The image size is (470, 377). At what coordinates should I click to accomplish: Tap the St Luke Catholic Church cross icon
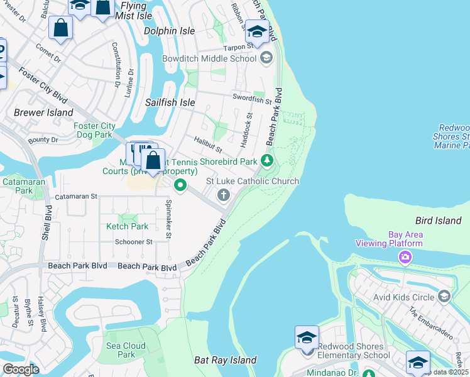223,196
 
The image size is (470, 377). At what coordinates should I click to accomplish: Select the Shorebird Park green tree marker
267,161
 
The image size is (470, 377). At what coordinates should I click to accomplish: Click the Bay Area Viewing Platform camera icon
405,257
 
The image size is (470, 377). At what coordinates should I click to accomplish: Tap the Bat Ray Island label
225,360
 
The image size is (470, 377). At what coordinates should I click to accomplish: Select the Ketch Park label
128,226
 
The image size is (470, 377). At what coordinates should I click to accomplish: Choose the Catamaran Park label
17,186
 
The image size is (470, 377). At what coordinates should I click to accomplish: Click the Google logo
21,369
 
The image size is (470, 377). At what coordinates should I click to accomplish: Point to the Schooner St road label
133,242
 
